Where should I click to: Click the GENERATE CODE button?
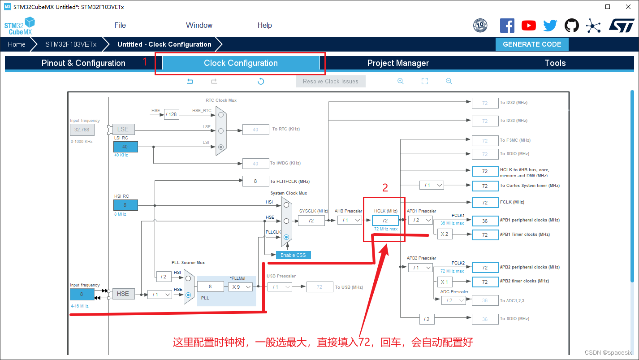pos(532,44)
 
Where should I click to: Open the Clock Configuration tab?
pos(241,63)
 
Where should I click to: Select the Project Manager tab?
pos(398,63)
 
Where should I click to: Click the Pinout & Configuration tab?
pos(83,63)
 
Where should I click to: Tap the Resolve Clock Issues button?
pos(330,81)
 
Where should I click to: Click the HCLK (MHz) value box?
pos(385,221)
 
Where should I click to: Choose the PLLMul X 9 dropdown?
pos(241,287)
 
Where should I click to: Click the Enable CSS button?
pos(293,255)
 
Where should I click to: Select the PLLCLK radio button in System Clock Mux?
pos(286,237)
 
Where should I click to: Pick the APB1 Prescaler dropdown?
pos(420,220)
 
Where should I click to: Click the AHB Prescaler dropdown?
pos(350,220)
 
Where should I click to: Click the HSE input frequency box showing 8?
pos(82,294)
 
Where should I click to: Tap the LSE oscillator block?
pos(123,129)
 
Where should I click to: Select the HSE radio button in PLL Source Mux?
pos(188,295)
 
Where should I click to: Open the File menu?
pos(120,25)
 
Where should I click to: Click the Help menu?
pos(264,25)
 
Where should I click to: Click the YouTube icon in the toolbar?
pos(529,26)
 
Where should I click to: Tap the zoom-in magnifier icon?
pos(401,81)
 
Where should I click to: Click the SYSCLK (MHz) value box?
pos(311,221)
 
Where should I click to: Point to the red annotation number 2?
pos(385,188)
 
